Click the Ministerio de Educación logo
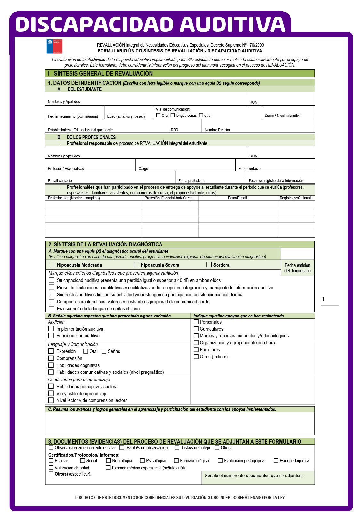pos(54,46)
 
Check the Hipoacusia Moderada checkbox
pos(52,265)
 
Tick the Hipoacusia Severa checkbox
pos(136,265)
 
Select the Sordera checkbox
pos(209,265)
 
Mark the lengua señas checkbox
pos(173,115)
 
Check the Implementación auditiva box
pos(51,329)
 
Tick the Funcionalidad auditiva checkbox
pos(51,335)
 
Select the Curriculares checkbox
pos(196,329)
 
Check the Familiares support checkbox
pos(196,349)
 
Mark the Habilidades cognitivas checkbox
pos(51,365)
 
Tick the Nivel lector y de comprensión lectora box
pos(51,400)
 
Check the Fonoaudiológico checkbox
pos(176,460)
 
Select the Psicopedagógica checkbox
pos(276,460)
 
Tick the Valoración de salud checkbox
pos(51,468)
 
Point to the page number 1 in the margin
pos(323,300)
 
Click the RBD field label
pos(175,130)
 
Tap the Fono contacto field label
pos(250,169)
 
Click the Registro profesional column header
pos(295,198)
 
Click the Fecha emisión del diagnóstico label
pos(298,268)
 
